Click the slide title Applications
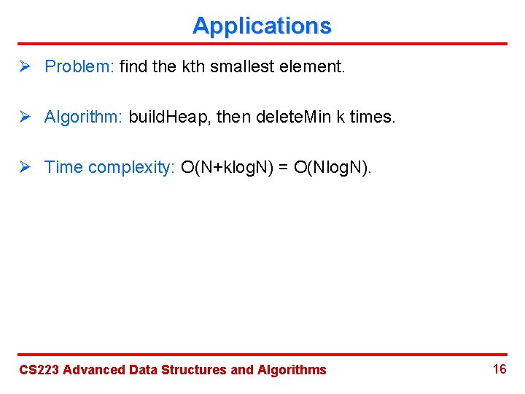262,26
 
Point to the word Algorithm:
84,117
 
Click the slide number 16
499,369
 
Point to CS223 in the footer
39,370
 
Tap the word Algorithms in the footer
292,370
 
